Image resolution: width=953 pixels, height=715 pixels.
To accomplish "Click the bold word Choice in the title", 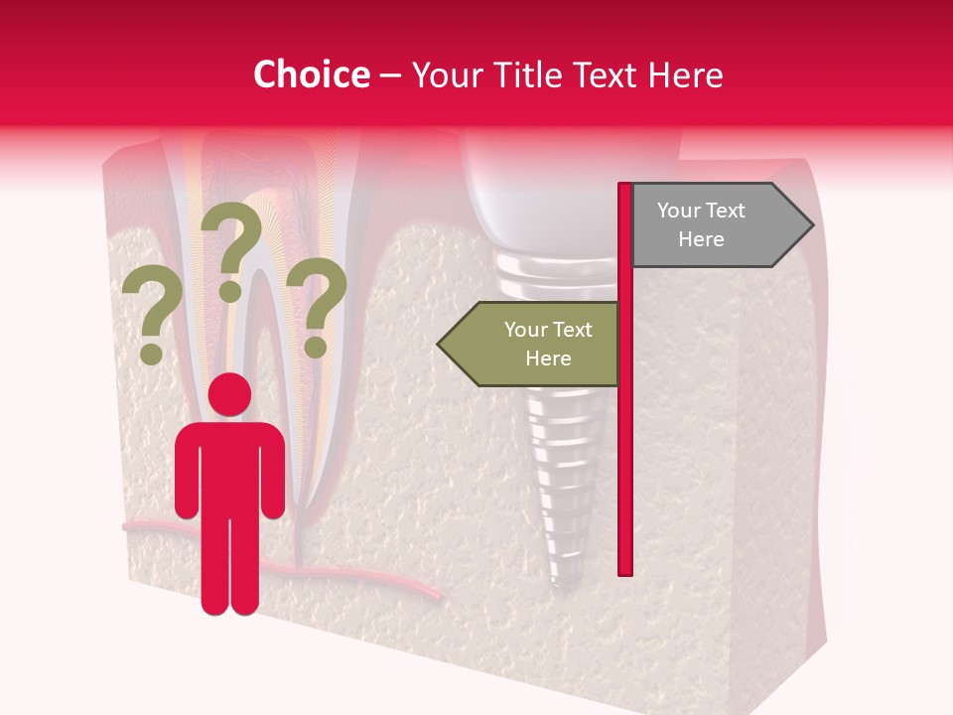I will pyautogui.click(x=311, y=74).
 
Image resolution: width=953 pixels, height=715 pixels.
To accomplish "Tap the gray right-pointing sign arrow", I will pyautogui.click(x=715, y=225).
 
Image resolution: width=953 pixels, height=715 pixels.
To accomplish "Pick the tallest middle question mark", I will pyautogui.click(x=234, y=238).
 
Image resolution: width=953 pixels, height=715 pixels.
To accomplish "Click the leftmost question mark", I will pyautogui.click(x=151, y=308).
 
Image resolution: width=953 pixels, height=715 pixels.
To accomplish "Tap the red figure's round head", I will pyautogui.click(x=230, y=394).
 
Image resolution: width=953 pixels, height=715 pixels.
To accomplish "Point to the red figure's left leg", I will pyautogui.click(x=215, y=566).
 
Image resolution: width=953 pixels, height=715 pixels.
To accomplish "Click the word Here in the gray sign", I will pyautogui.click(x=701, y=239).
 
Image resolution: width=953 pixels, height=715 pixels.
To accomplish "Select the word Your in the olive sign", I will pyautogui.click(x=524, y=330).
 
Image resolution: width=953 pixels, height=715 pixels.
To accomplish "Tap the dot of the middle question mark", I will pyautogui.click(x=230, y=291).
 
